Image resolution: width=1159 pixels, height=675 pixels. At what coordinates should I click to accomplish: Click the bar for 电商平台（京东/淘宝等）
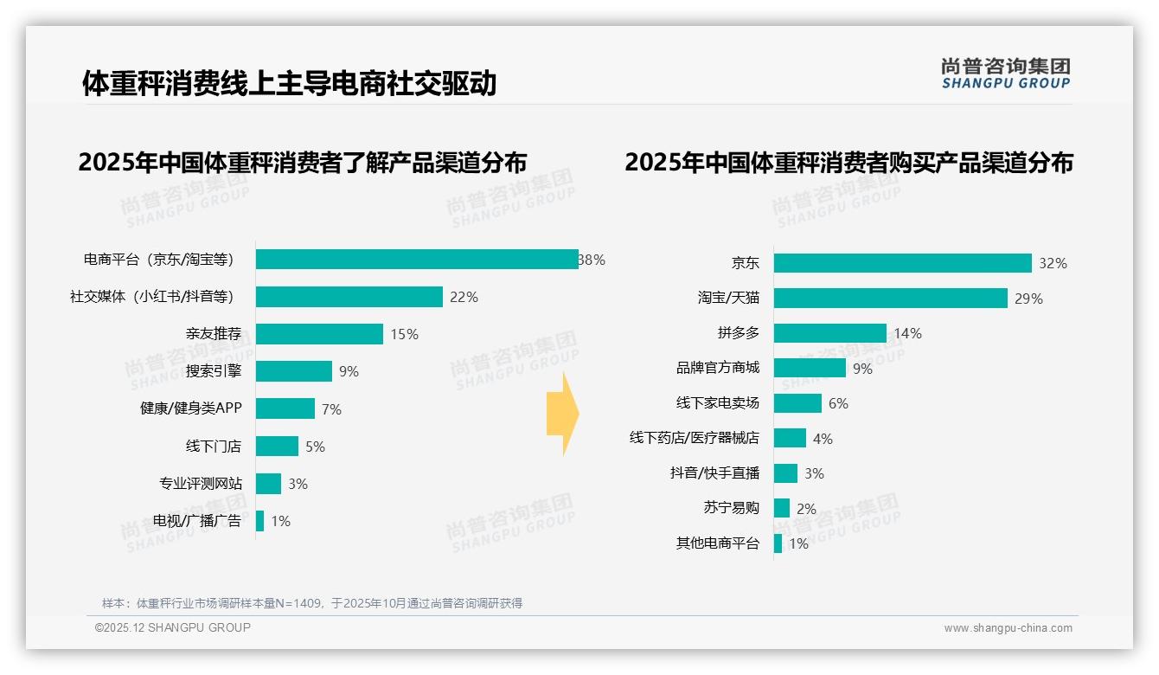417,260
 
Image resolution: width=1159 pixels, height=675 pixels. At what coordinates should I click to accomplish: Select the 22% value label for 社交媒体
464,297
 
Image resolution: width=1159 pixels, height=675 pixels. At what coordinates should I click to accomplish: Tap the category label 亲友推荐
214,334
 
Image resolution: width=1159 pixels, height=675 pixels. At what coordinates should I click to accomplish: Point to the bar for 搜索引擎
294,371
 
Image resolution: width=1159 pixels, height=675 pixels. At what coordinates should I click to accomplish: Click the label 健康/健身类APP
191,408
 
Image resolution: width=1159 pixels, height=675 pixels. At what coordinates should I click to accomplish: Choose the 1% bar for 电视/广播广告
259,521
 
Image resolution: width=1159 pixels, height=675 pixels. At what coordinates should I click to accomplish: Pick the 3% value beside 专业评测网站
298,484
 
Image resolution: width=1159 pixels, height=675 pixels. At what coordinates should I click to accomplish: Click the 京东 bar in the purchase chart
902,263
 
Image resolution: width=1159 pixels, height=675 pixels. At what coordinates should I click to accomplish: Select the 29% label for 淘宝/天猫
1029,299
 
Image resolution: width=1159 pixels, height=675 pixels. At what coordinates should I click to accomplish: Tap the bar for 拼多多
829,333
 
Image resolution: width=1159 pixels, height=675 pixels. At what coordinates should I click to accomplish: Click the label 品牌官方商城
717,368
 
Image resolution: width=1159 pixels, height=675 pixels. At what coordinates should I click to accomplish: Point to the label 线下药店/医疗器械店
694,438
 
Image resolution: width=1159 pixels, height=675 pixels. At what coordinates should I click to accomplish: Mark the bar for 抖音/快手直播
785,473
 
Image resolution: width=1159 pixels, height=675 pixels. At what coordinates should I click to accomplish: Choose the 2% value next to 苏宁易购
806,509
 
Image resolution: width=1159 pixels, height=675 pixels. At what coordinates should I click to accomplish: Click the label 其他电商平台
717,543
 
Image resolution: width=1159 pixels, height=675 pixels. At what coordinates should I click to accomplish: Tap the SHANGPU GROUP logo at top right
1005,74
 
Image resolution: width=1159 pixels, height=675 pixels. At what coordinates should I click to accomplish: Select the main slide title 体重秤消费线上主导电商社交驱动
289,83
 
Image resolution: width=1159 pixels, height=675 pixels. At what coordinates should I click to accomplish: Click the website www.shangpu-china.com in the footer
1008,628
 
